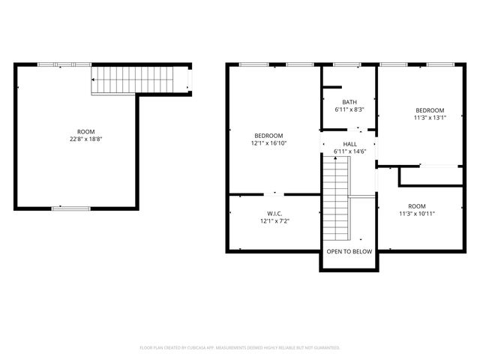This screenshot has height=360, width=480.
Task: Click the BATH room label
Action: coord(349,102)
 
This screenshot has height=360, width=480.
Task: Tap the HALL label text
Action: coord(349,144)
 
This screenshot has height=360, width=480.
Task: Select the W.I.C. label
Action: coord(274,213)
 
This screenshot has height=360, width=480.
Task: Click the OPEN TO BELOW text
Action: coord(349,251)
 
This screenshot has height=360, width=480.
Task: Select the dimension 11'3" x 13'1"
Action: coord(430,117)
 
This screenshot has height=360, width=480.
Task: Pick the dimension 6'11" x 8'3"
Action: coord(349,110)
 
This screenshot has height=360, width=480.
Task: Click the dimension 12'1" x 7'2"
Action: coord(274,221)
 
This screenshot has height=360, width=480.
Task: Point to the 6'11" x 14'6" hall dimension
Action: coord(349,152)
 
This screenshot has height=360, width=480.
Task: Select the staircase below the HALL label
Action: coord(336,195)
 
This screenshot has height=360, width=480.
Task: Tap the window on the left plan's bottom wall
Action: coord(71,208)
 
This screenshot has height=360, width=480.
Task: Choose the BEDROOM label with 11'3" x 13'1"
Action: coord(430,109)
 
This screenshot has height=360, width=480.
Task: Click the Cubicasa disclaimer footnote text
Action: coord(240,348)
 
